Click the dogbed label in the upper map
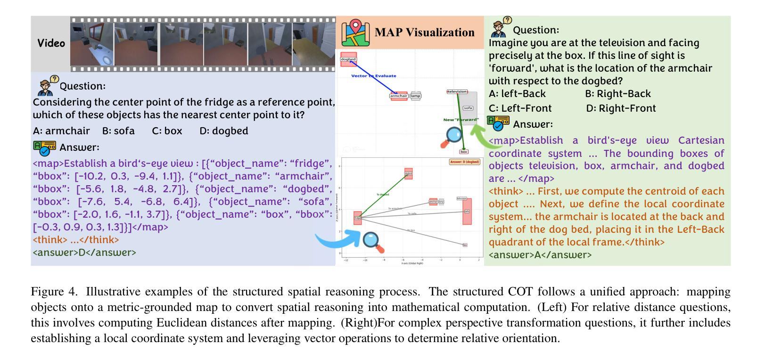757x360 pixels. coord(348,59)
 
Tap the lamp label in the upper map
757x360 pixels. coord(415,96)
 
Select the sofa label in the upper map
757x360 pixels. coord(468,108)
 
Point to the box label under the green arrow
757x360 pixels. coord(464,152)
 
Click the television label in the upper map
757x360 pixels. coord(457,91)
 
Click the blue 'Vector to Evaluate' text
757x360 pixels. coord(374,75)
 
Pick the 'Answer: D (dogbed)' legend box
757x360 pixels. coord(464,162)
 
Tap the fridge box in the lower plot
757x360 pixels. coord(358,218)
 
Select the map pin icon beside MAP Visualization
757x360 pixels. coord(356,33)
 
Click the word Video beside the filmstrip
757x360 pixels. coord(51,43)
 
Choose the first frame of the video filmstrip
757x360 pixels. coord(92,44)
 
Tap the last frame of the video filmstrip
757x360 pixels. coord(313,44)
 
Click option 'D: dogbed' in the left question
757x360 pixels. coord(223,131)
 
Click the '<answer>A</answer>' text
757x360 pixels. coord(540,255)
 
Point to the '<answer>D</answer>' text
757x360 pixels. coord(84,252)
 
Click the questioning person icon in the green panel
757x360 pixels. coord(500,27)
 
